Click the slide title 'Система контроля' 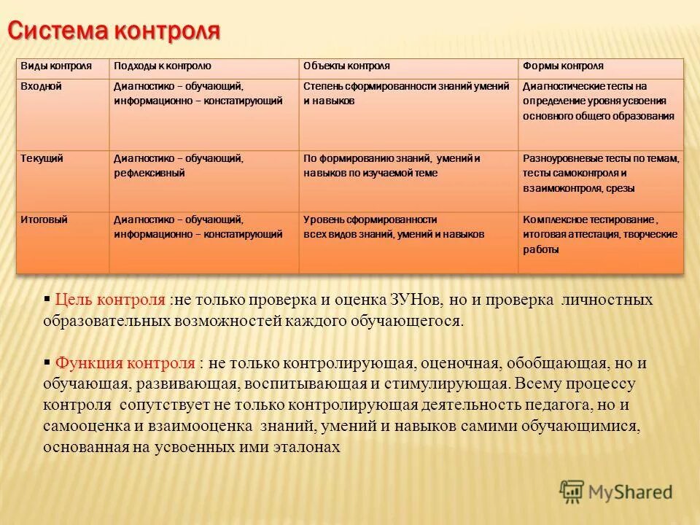coord(114,31)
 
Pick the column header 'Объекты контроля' coord(346,66)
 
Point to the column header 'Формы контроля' coord(563,66)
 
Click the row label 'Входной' coord(41,86)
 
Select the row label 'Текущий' coord(42,157)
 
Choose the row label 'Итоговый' coord(44,219)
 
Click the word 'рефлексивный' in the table coord(149,174)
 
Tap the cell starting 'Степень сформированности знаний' coord(406,93)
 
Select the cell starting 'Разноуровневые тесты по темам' coord(601,173)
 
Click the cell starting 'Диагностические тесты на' coord(598,101)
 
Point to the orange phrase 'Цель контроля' coord(111,300)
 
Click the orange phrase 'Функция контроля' coord(125,362)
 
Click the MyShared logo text coord(631,491)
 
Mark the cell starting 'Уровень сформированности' coord(394,227)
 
